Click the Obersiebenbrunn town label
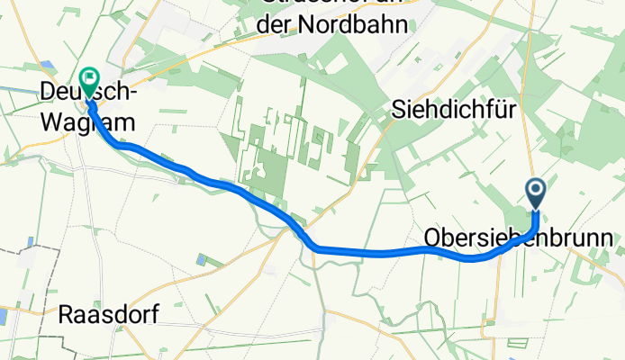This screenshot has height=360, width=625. pos(517,238)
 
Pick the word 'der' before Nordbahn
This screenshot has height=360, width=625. pos(275,24)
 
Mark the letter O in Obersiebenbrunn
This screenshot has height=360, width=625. pos(431,238)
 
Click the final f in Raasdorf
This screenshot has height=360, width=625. pos(153,316)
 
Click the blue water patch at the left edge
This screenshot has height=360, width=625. pos(3,317)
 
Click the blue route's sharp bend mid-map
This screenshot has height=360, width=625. pos(311,243)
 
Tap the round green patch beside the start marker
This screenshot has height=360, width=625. pos(518,217)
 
